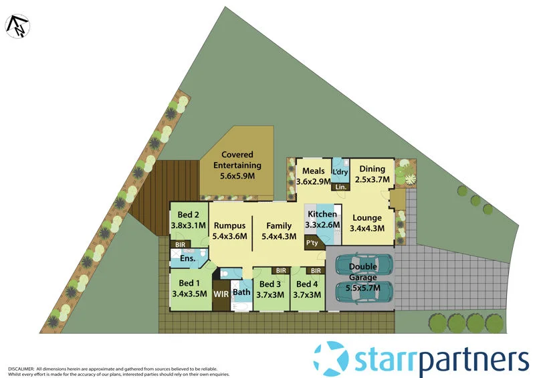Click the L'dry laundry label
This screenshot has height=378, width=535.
[x=341, y=173]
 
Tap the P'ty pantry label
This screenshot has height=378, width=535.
[x=312, y=244]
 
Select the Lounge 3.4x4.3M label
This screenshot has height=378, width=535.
[x=366, y=223]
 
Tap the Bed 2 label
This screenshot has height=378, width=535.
[x=188, y=220]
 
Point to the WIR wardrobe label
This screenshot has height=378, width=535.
[x=220, y=294]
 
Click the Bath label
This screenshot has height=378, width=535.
[x=241, y=292]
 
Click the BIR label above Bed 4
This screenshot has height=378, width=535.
[x=316, y=271]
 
